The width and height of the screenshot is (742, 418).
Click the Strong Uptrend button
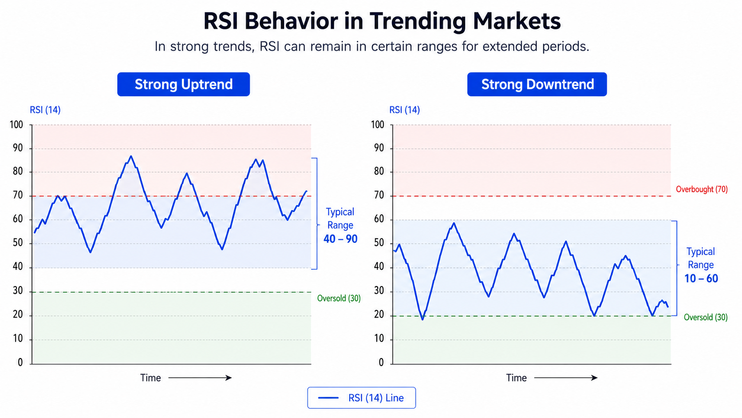pyautogui.click(x=184, y=84)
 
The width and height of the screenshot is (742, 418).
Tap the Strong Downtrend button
pyautogui.click(x=537, y=84)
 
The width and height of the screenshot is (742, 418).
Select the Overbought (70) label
pyautogui.click(x=702, y=189)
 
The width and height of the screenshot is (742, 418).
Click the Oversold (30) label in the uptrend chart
pyautogui.click(x=339, y=299)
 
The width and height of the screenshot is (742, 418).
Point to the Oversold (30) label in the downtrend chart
pyautogui.click(x=706, y=317)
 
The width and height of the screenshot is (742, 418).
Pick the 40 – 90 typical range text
pyautogui.click(x=340, y=239)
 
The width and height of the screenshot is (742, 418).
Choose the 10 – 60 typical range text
pyautogui.click(x=701, y=279)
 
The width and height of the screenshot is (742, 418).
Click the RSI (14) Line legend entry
pyautogui.click(x=361, y=398)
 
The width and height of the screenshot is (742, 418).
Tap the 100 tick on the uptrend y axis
pyautogui.click(x=16, y=125)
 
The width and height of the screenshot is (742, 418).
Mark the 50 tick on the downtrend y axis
pyautogui.click(x=379, y=243)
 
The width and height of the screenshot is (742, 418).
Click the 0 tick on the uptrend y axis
pyautogui.click(x=20, y=362)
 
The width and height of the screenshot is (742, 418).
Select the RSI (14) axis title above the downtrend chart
pyautogui.click(x=404, y=110)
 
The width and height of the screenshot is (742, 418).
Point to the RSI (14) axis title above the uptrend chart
pyautogui.click(x=45, y=110)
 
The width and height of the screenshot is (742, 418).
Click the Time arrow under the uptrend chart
pyautogui.click(x=200, y=378)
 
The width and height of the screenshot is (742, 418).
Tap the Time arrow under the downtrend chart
pyautogui.click(x=566, y=378)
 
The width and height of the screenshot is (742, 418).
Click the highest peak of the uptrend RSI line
pyautogui.click(x=131, y=156)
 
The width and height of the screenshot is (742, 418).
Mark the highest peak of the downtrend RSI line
pyautogui.click(x=454, y=223)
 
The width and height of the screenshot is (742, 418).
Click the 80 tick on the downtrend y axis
pyautogui.click(x=379, y=171)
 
